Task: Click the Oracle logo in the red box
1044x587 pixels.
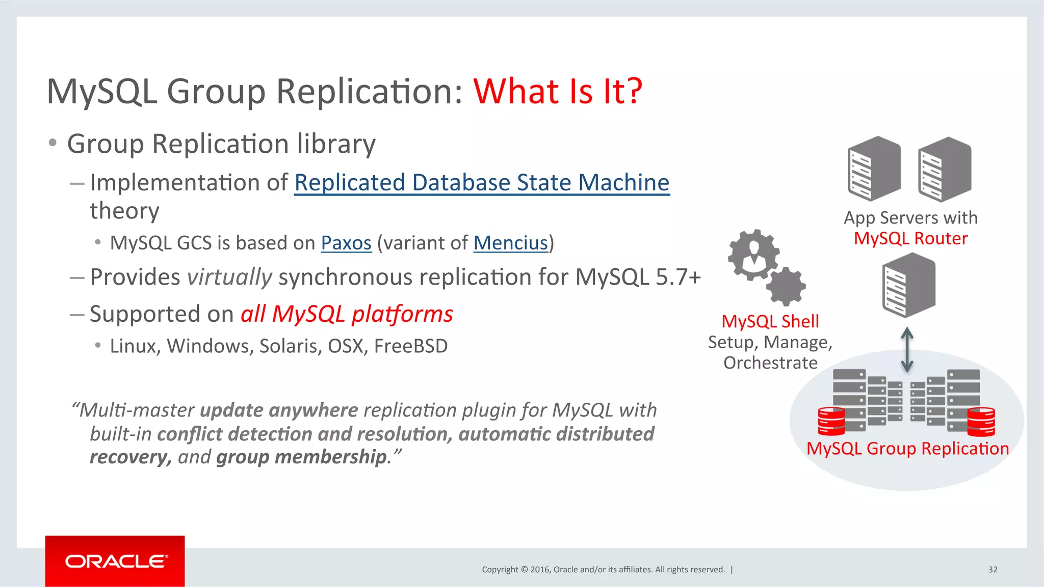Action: pos(116,562)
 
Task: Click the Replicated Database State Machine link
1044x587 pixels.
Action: pos(482,183)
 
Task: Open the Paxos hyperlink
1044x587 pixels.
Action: pos(346,243)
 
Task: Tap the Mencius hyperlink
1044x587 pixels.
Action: pos(511,243)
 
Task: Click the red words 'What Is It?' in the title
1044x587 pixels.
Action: pos(558,92)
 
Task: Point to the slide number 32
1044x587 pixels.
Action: pos(993,570)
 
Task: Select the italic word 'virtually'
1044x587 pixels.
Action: pos(229,277)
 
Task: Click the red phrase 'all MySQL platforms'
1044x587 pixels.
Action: pos(347,314)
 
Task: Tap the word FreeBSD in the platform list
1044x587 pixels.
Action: pos(411,346)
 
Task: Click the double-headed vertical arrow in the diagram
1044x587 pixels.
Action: pos(907,350)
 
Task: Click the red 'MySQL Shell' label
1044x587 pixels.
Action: pos(770,322)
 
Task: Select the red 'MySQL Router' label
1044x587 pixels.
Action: pos(910,238)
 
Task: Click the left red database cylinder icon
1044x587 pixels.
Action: pos(831,422)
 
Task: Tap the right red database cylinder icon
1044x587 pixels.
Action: pos(981,422)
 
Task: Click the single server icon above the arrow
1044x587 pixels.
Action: pos(908,286)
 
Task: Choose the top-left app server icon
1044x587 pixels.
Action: pos(874,169)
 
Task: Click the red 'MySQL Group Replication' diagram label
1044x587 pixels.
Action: pos(907,449)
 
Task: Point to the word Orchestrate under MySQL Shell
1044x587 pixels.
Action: pos(770,363)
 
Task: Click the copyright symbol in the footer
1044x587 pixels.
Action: pos(524,570)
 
